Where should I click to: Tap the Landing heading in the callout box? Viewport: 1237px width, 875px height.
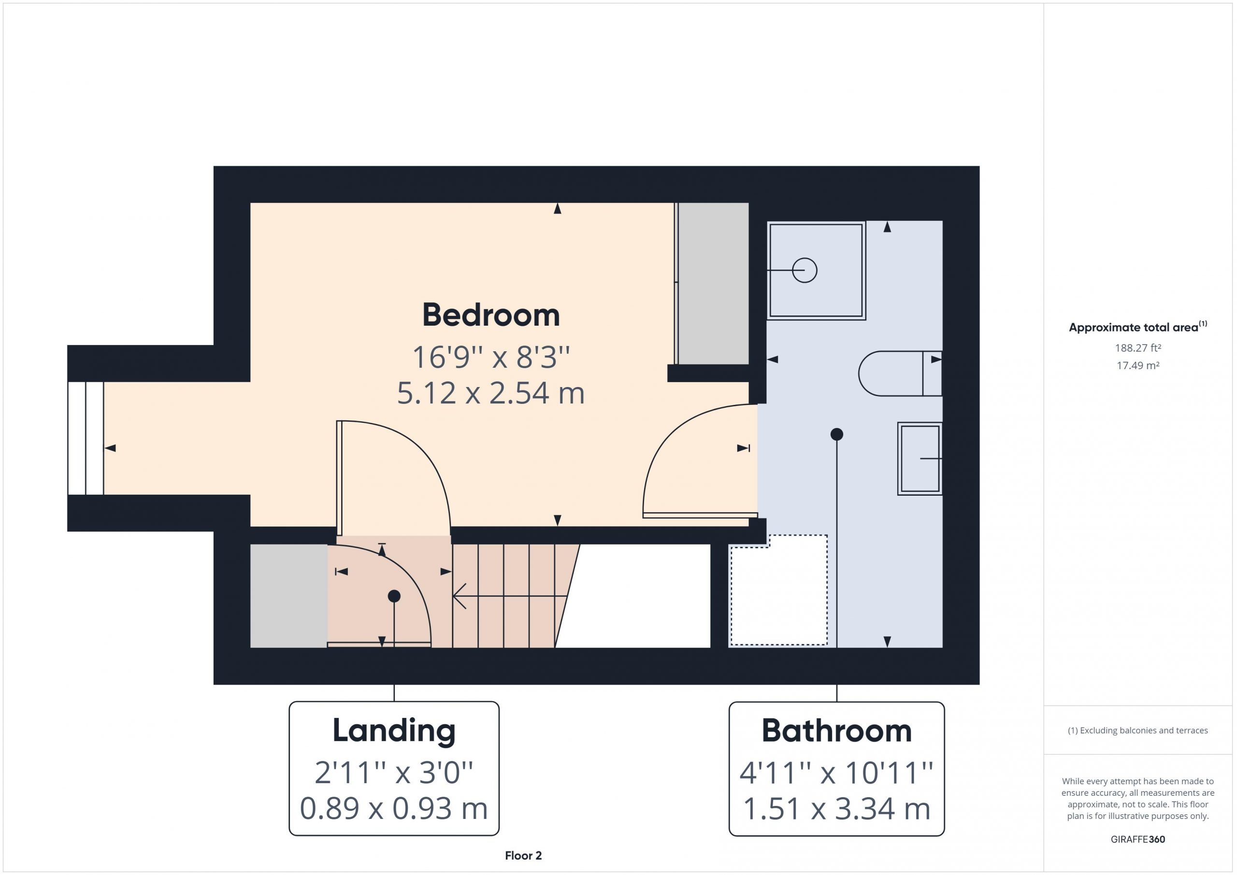pos(394,731)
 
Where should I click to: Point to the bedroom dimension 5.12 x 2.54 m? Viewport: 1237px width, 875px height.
pos(491,393)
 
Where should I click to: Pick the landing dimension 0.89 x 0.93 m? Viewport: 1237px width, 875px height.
pos(394,809)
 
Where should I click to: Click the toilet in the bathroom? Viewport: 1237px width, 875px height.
pos(900,373)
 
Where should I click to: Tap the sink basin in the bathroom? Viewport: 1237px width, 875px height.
pos(920,459)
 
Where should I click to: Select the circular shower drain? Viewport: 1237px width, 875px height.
pos(805,270)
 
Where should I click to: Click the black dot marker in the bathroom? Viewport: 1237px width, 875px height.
pos(837,434)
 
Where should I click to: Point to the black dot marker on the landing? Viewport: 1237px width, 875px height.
pos(394,596)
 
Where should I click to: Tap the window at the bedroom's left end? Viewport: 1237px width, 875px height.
pos(86,438)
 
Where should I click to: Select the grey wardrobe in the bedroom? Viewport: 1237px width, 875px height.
pos(713,284)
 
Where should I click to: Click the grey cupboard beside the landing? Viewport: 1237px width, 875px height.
pos(289,595)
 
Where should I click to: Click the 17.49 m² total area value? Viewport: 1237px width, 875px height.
pos(1138,365)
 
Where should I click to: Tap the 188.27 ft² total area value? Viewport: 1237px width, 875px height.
pos(1138,348)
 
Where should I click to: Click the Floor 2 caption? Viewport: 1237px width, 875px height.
pos(523,856)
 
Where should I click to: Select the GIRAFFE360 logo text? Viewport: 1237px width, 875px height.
pos(1138,839)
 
